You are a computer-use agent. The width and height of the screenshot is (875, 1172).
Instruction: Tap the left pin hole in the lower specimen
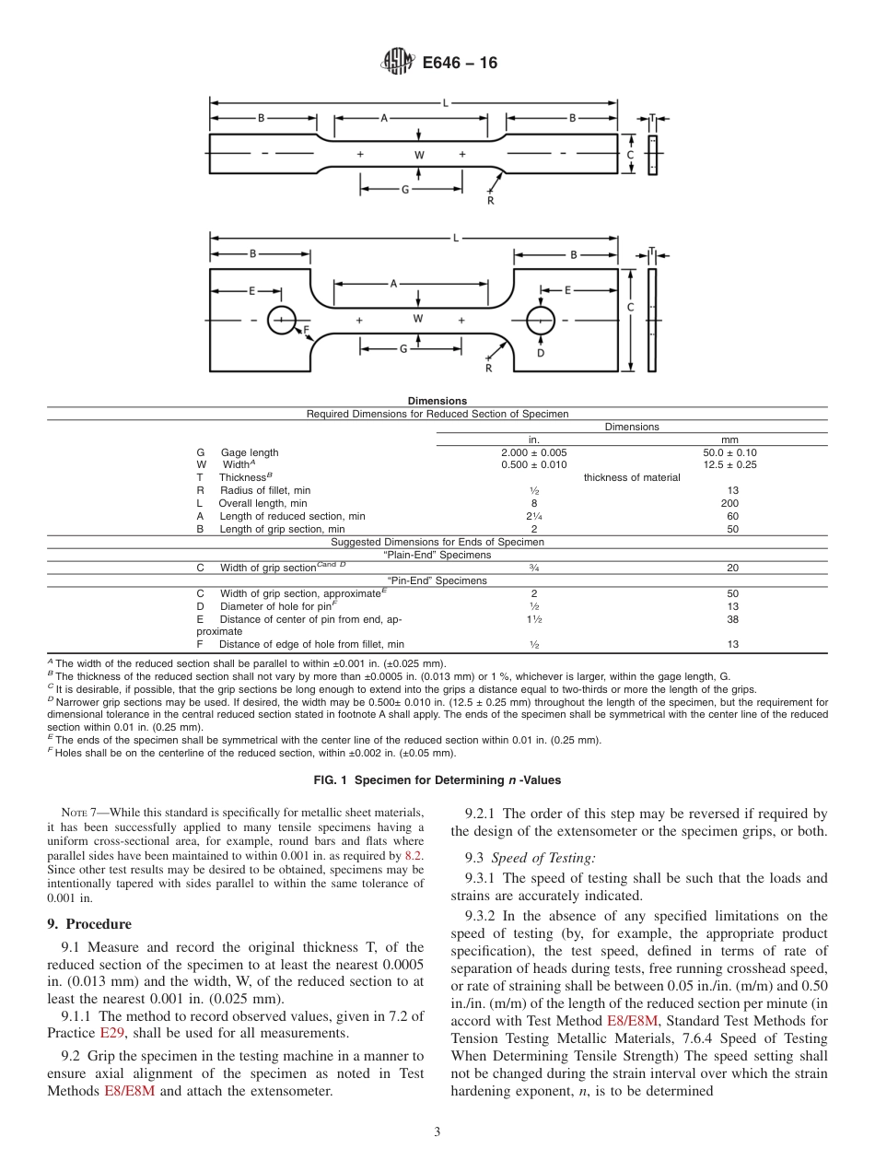[281, 321]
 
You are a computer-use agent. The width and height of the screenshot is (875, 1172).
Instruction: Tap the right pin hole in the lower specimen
[540, 321]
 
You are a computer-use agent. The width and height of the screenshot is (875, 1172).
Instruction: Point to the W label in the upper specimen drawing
[418, 155]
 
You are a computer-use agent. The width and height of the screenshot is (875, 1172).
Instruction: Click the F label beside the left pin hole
[306, 329]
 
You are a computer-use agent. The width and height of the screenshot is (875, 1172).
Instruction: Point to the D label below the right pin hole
[540, 353]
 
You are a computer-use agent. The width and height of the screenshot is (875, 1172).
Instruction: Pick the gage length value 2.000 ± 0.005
[533, 452]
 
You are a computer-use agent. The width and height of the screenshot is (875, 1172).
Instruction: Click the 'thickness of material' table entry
[631, 477]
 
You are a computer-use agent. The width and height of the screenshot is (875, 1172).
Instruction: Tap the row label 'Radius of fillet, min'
[265, 490]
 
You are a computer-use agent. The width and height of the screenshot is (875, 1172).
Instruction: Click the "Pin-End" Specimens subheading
[437, 580]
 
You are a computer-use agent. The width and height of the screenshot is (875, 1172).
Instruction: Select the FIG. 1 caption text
[437, 779]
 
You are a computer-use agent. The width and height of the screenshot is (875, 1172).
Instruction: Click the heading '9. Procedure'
[88, 924]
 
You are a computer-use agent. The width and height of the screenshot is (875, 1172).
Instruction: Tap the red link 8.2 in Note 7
[414, 856]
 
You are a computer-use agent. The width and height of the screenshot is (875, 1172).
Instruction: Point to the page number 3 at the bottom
[437, 1131]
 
